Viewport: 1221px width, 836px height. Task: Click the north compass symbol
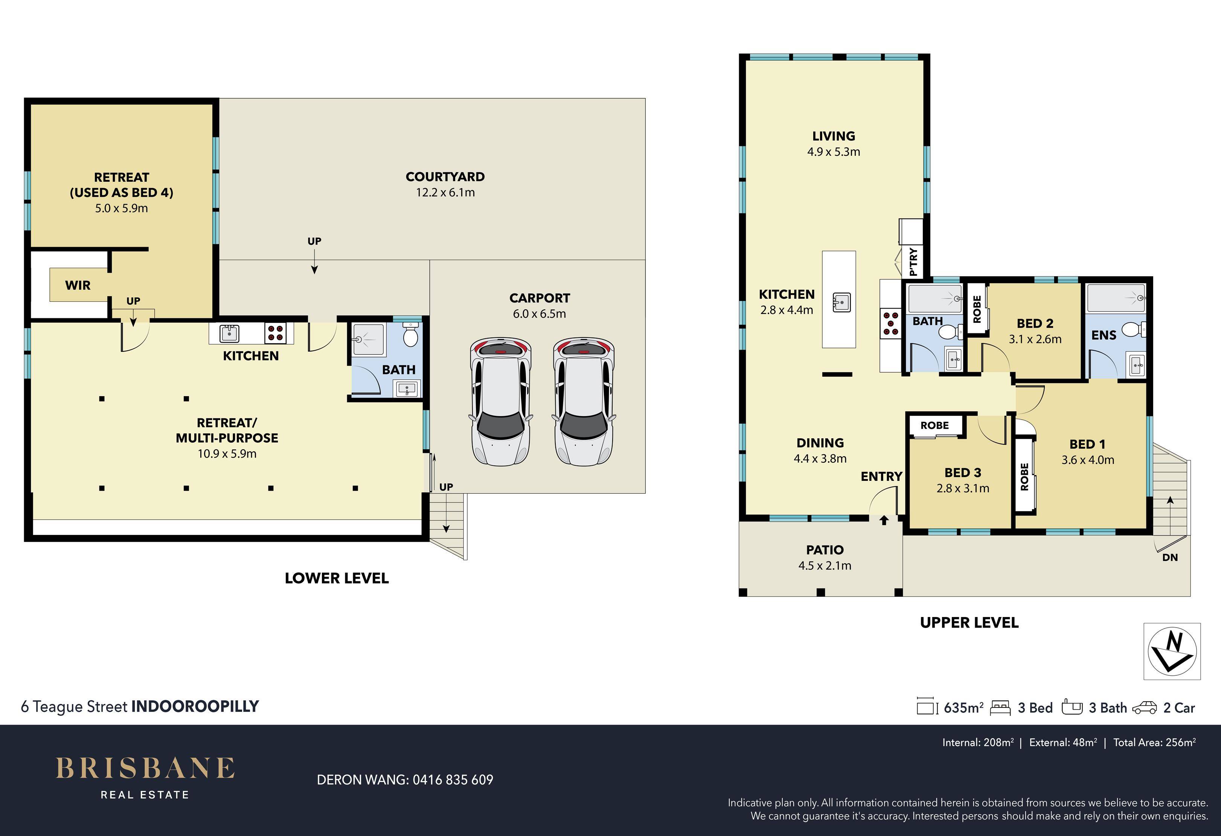[x=1173, y=652]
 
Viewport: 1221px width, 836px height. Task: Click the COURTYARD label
[x=445, y=177]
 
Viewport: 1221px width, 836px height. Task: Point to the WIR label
[x=78, y=285]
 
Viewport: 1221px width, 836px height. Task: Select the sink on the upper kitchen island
[x=841, y=302]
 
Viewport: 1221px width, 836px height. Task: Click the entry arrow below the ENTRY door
[x=884, y=520]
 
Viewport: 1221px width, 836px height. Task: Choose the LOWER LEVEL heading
[x=337, y=578]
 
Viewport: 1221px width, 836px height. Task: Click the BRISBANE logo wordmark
[x=145, y=768]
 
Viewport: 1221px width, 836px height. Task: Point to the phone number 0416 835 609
[x=453, y=780]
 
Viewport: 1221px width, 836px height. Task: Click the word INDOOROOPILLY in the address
[x=195, y=706]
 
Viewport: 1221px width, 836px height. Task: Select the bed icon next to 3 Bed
[x=1000, y=708]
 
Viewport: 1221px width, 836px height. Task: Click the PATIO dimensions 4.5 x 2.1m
[x=825, y=565]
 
